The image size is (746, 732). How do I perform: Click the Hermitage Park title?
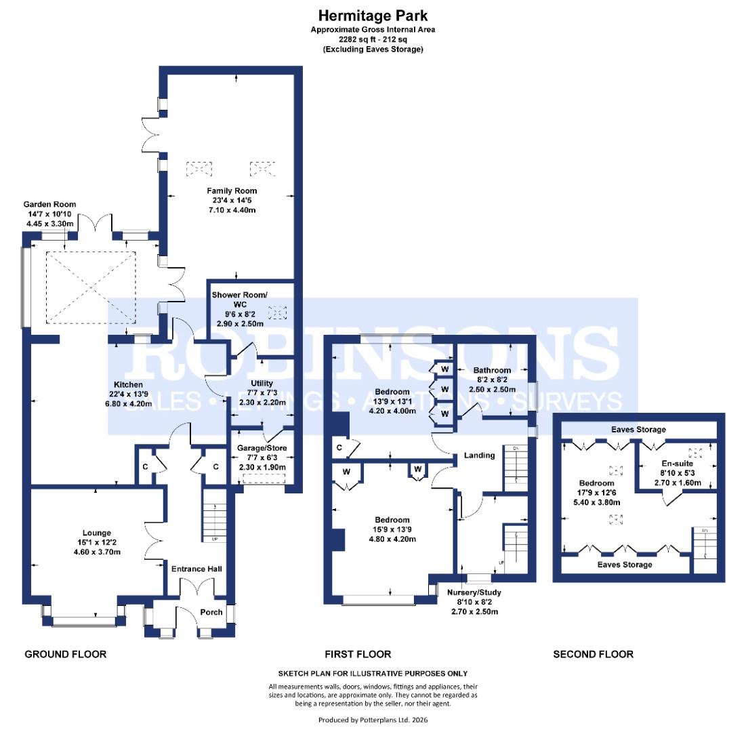[x=373, y=15]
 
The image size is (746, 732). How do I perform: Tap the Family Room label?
[x=232, y=191]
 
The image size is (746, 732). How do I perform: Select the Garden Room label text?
[x=49, y=204]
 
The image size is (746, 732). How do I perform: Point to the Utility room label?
[x=262, y=384]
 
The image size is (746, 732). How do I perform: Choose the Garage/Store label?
[x=260, y=448]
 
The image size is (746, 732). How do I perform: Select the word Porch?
[x=211, y=612]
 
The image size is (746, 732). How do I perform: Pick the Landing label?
[x=479, y=455]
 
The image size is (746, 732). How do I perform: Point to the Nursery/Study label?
[x=474, y=592]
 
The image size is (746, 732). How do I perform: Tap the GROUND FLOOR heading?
[x=66, y=654]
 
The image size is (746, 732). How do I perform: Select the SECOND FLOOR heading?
[x=593, y=654]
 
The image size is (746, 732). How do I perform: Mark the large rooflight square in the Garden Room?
[x=91, y=287]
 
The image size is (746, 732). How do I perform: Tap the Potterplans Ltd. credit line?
[x=373, y=720]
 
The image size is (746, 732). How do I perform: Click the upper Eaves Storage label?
[x=638, y=429]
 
